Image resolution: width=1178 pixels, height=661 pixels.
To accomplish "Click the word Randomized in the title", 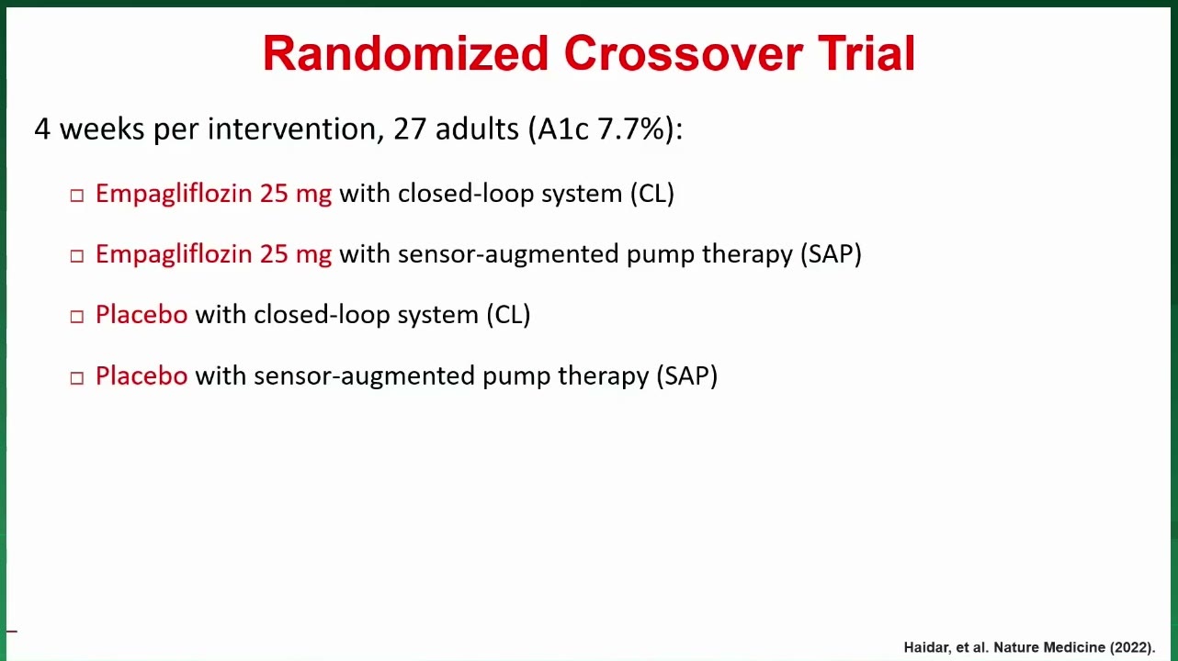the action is (406, 53).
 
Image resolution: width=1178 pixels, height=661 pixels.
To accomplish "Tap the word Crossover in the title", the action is (684, 53).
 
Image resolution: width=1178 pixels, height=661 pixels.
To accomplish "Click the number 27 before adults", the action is (410, 129).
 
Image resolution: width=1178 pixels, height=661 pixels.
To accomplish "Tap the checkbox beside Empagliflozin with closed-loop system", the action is (77, 196).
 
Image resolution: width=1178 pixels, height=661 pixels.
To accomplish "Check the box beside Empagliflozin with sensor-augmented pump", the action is (77, 256).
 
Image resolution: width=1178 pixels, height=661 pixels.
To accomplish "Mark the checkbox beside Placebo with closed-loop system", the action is (77, 317).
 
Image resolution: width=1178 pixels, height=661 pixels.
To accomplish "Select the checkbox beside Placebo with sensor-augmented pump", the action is (77, 378).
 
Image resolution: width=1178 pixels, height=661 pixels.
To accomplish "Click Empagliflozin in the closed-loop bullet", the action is (174, 195).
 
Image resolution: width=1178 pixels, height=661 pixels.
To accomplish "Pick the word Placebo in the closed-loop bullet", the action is (142, 315).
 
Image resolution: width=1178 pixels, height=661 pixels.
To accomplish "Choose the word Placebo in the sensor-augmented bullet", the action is (142, 375).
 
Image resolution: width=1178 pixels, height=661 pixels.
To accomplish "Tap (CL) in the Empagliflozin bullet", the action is (652, 194).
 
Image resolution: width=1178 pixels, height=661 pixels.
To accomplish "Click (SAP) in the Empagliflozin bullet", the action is (831, 254).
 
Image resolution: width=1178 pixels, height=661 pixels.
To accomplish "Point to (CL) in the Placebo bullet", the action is (508, 315).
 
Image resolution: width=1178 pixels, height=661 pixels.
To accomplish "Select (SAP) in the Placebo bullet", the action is (686, 376).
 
